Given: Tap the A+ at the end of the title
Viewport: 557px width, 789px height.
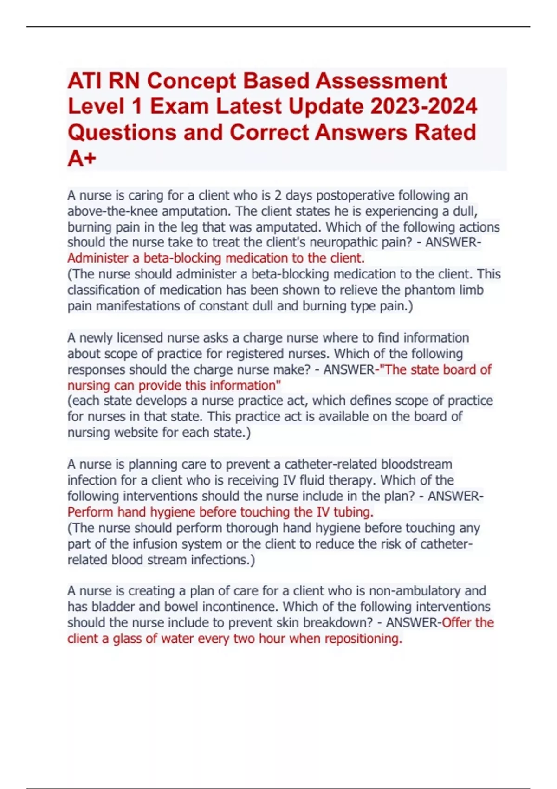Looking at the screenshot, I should point(82,158).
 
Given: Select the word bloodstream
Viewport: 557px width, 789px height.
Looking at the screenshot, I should point(416,465).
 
